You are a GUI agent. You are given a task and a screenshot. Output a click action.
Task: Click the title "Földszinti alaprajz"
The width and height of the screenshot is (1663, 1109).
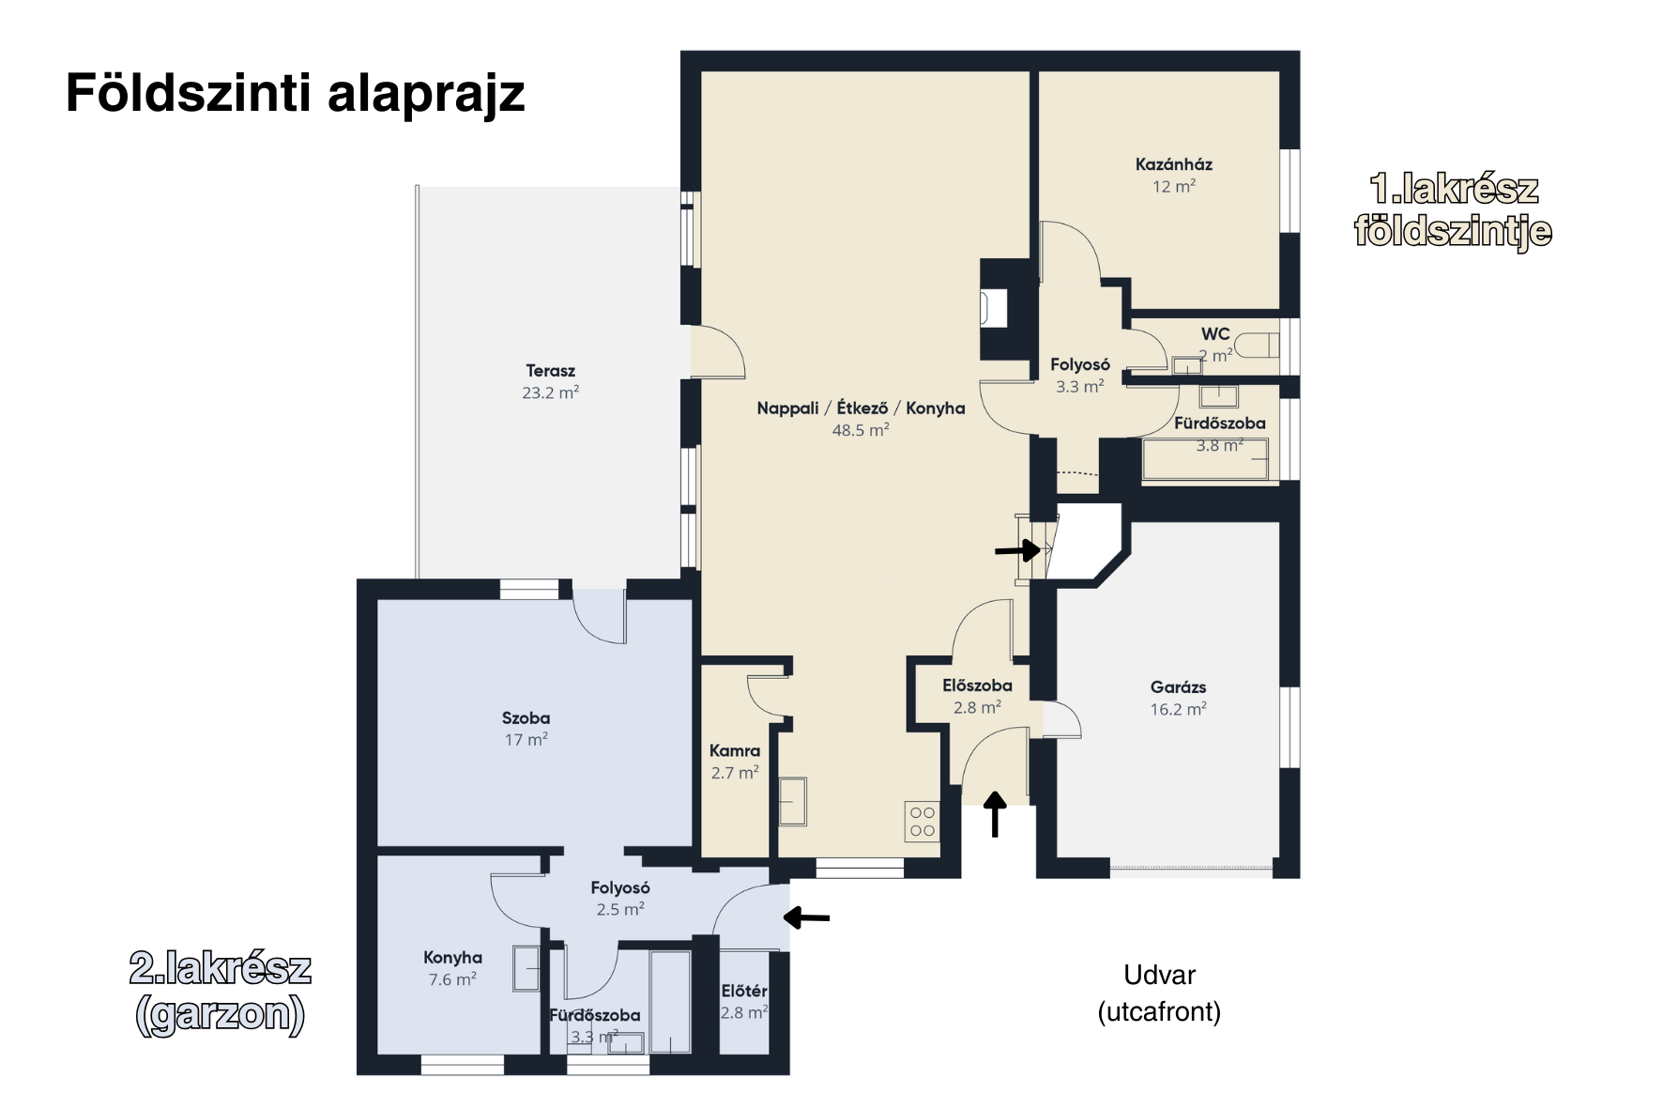pos(295,94)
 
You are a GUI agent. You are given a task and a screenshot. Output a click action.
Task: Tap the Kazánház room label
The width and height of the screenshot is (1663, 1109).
pos(1173,164)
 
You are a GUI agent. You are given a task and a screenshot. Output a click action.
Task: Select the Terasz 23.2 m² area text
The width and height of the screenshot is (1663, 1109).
pos(550,382)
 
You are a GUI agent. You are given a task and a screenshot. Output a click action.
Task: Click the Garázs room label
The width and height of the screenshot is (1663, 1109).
pos(1178,687)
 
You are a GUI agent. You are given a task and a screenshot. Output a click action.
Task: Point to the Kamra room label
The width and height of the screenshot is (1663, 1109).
pos(734,751)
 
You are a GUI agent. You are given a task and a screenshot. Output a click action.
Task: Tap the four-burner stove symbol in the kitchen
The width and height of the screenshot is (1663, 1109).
pos(922,821)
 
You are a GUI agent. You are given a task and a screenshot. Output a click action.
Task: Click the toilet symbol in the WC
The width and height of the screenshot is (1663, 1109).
pos(1256,347)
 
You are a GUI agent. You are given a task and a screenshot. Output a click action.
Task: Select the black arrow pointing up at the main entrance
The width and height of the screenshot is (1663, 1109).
pos(995,813)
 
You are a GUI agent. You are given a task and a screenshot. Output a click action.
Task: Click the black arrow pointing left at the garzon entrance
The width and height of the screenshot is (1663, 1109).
pos(807,916)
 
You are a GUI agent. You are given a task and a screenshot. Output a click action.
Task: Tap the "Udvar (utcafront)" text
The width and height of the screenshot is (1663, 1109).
pos(1159,993)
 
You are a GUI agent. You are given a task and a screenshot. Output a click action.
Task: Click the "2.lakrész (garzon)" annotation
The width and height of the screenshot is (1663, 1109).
pos(220,991)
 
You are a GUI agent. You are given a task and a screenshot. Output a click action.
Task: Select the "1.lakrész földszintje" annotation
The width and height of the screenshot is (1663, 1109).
pos(1453,209)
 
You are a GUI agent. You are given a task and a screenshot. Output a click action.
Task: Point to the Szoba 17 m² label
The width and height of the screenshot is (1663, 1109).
pos(526,729)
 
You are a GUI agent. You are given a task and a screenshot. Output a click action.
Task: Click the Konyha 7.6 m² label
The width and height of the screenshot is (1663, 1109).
pos(452,968)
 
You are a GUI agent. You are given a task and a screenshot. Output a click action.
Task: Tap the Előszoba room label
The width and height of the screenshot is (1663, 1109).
pos(977,686)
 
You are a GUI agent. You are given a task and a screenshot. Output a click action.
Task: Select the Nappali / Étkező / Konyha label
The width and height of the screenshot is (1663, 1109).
pos(861,408)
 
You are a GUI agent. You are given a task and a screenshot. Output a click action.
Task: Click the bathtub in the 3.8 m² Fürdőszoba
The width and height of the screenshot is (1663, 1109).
pos(1205,460)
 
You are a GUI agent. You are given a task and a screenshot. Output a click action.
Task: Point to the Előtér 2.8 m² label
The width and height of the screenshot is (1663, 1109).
pos(744,1002)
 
